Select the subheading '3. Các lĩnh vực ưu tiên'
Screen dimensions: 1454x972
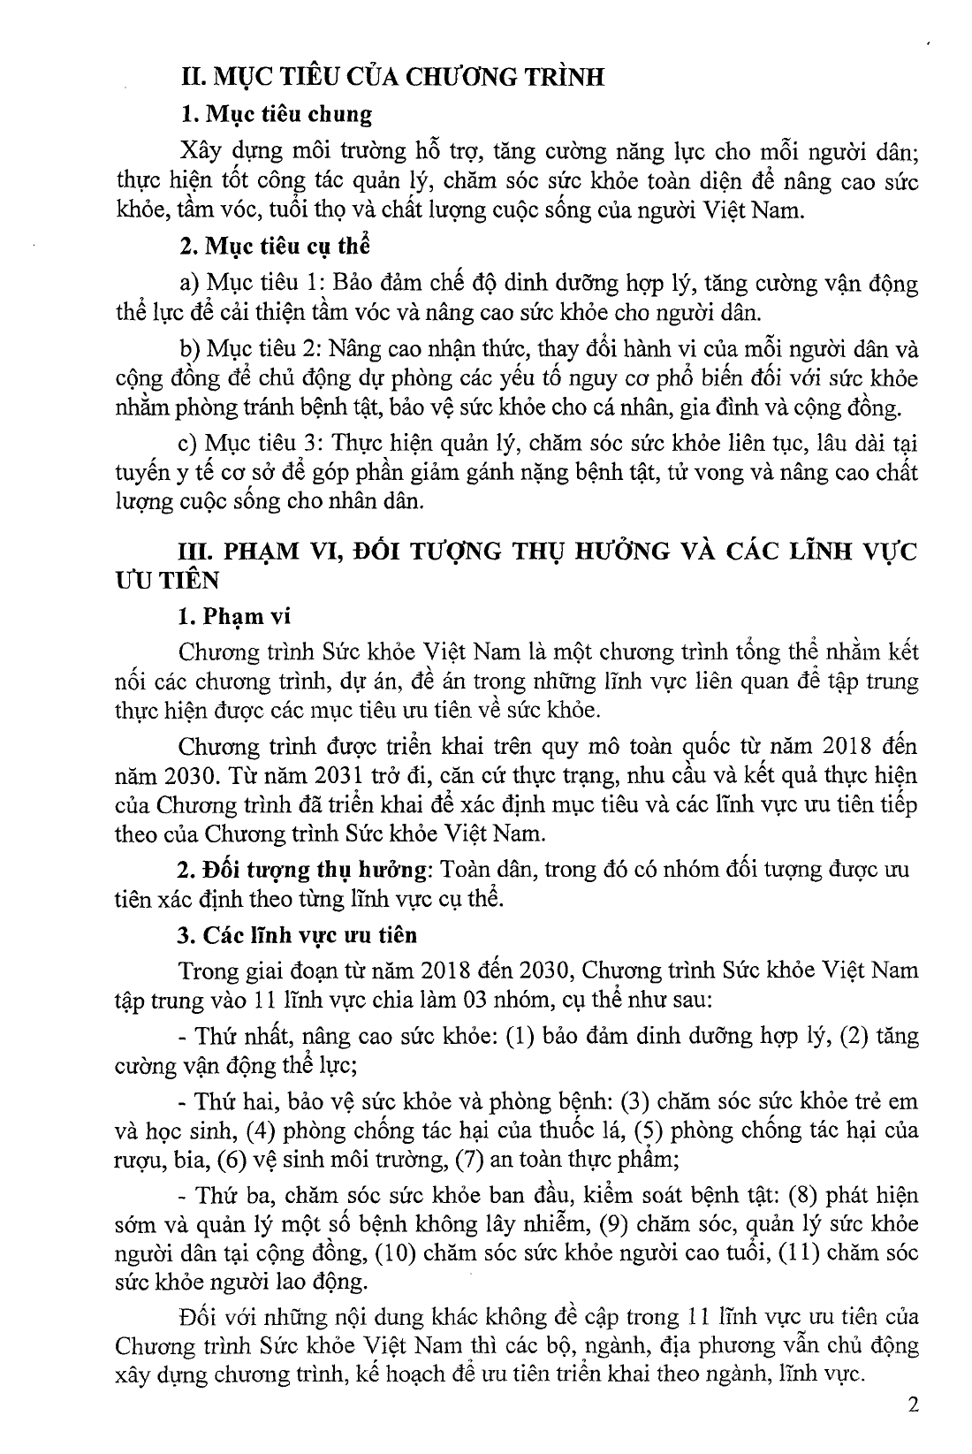click(298, 935)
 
